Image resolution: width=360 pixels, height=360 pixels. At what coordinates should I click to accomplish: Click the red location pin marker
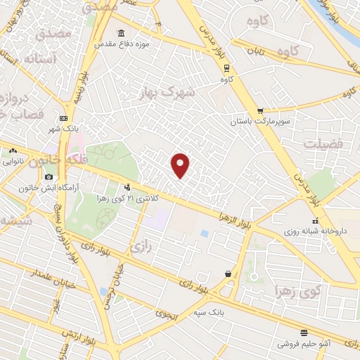(181, 165)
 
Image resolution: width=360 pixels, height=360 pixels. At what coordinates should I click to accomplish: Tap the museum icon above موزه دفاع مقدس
(122, 34)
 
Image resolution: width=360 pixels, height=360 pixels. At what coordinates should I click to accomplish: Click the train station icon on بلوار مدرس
(226, 68)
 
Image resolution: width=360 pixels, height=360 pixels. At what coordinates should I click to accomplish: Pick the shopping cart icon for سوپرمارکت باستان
(260, 111)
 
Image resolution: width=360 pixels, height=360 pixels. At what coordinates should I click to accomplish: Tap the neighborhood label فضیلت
(323, 143)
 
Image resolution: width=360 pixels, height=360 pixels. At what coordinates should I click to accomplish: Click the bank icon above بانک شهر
(64, 118)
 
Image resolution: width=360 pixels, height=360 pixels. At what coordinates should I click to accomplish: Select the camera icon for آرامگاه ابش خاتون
(49, 176)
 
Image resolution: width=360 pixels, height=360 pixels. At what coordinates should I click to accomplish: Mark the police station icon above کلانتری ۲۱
(127, 188)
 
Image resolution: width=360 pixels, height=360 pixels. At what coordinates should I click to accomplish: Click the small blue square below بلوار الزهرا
(204, 233)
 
